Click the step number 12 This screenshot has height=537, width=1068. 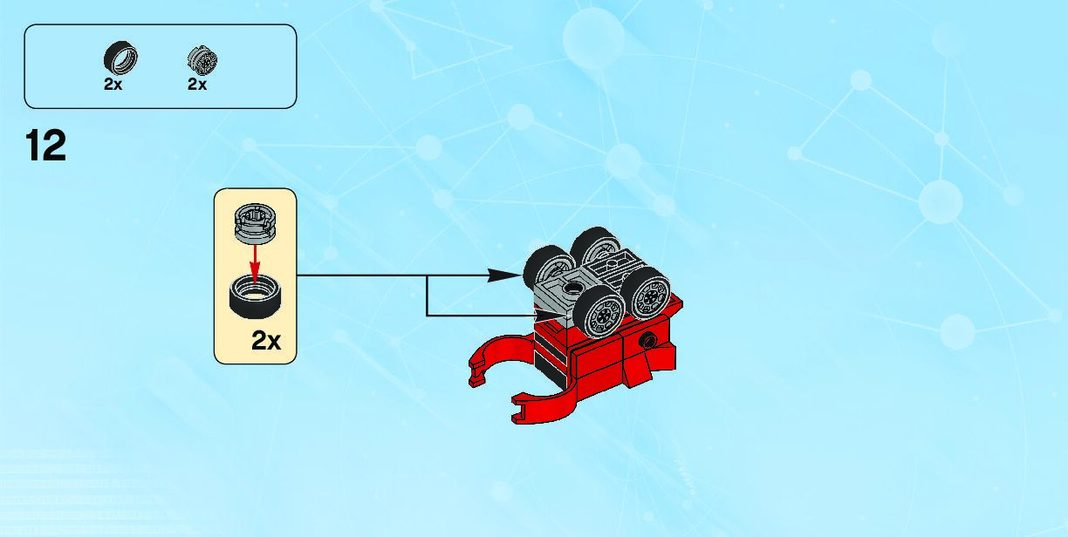[x=46, y=146]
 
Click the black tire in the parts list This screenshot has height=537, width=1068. [x=121, y=59]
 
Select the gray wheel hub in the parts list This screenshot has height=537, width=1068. [x=202, y=60]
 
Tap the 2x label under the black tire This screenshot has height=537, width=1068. [x=113, y=85]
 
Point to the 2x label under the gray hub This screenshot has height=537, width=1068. [x=197, y=85]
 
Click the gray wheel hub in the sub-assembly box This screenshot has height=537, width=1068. [x=253, y=221]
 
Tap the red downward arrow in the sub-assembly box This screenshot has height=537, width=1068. [x=254, y=259]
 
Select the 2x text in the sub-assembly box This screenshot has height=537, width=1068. [x=266, y=341]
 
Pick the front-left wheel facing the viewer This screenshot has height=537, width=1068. [x=601, y=315]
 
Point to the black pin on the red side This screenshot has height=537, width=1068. [x=647, y=341]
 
